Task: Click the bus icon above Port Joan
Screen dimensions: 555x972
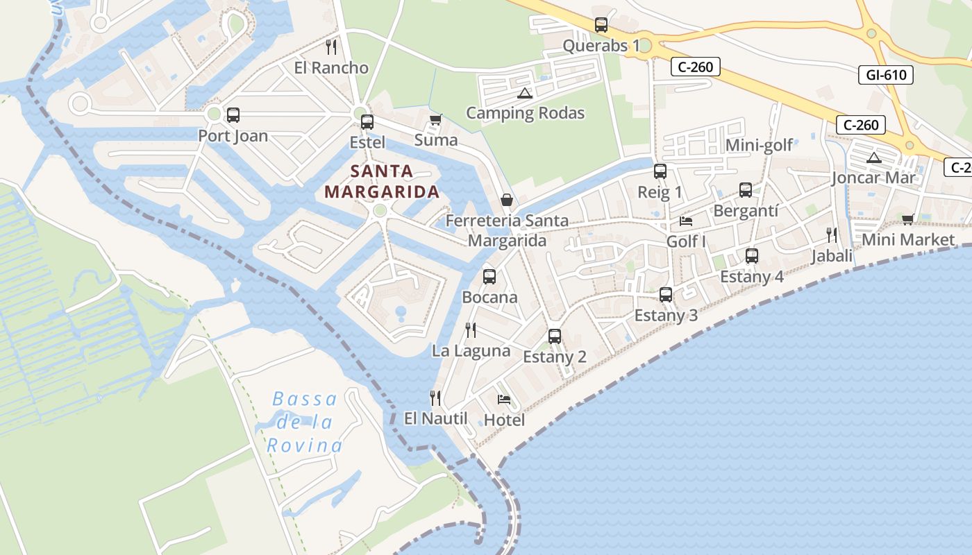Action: pos(233,115)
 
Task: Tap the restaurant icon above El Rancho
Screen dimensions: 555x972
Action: pos(331,46)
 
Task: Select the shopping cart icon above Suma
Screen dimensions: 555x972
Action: pos(436,120)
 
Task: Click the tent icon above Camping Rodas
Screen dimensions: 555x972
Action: pos(525,93)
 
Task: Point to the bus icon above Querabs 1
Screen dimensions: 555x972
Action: pos(601,25)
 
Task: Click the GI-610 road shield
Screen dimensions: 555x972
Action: pos(887,74)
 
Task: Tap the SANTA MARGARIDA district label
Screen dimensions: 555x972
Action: pos(382,181)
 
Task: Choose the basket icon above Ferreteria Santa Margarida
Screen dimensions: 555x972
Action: pos(508,200)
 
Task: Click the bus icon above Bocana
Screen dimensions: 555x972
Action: pos(489,277)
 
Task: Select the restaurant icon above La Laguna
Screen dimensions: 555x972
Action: pos(471,330)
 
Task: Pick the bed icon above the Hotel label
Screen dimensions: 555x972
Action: pos(504,399)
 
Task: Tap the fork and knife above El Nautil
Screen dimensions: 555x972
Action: pos(435,398)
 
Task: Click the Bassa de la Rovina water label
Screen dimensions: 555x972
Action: pos(305,422)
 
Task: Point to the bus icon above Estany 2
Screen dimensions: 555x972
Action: pos(555,336)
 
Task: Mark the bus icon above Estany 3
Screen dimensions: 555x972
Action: pos(666,295)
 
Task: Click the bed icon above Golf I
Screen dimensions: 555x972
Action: pos(686,221)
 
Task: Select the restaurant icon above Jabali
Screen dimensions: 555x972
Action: pos(832,234)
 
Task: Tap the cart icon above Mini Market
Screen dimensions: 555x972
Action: pos(907,219)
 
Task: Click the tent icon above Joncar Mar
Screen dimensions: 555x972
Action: pos(873,157)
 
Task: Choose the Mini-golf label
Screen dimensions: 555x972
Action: pos(759,145)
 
